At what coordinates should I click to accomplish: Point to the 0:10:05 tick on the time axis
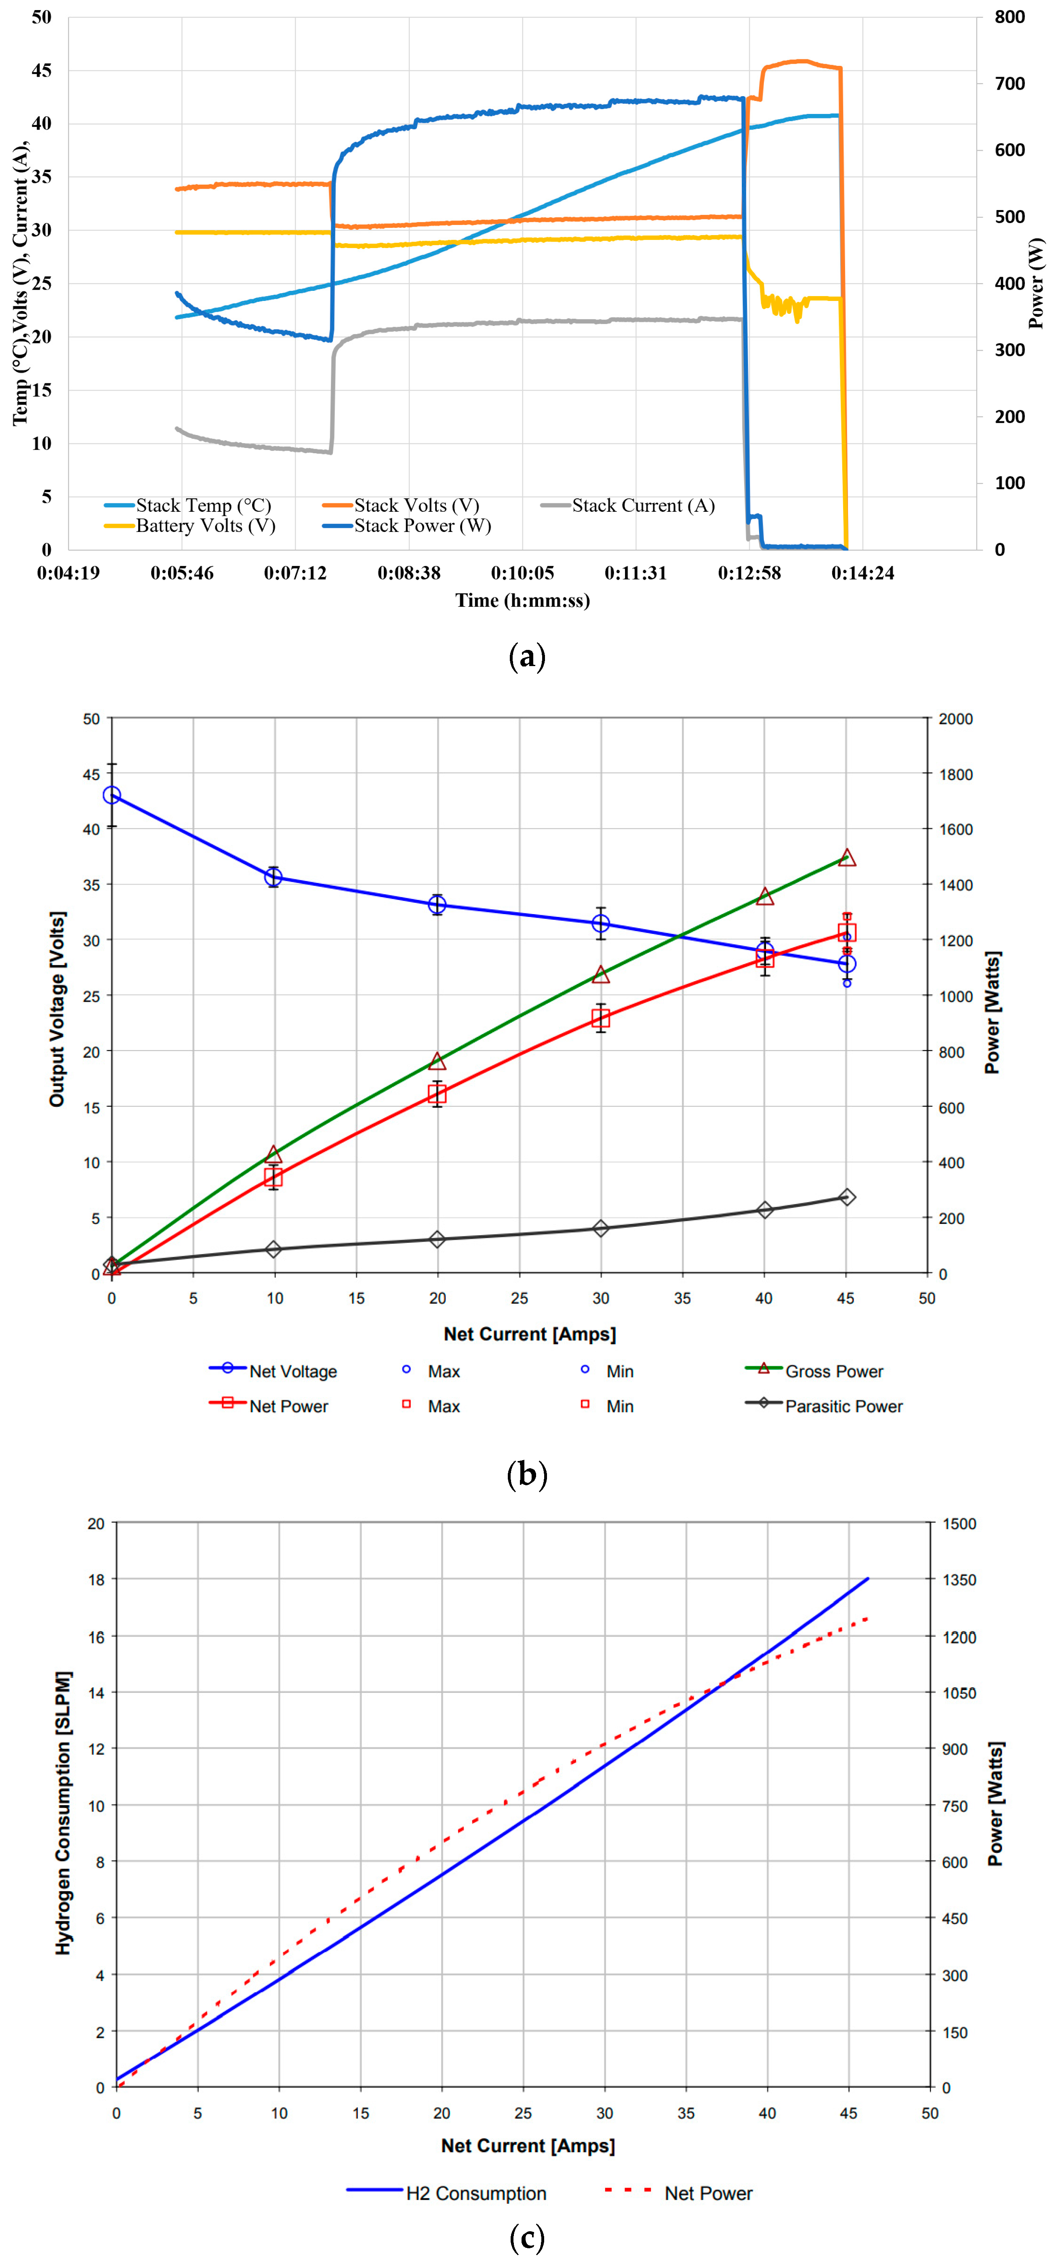(x=522, y=573)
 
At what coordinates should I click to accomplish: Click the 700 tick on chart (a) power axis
(x=1010, y=84)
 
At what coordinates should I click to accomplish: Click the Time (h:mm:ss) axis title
(x=522, y=600)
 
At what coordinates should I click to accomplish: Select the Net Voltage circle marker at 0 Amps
(x=111, y=795)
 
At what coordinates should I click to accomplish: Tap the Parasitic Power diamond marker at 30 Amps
(x=601, y=1228)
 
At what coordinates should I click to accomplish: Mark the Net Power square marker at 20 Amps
(x=437, y=1093)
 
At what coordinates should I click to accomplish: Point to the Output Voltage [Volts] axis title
(x=57, y=1009)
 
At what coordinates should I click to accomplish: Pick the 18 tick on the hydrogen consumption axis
(x=96, y=1579)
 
